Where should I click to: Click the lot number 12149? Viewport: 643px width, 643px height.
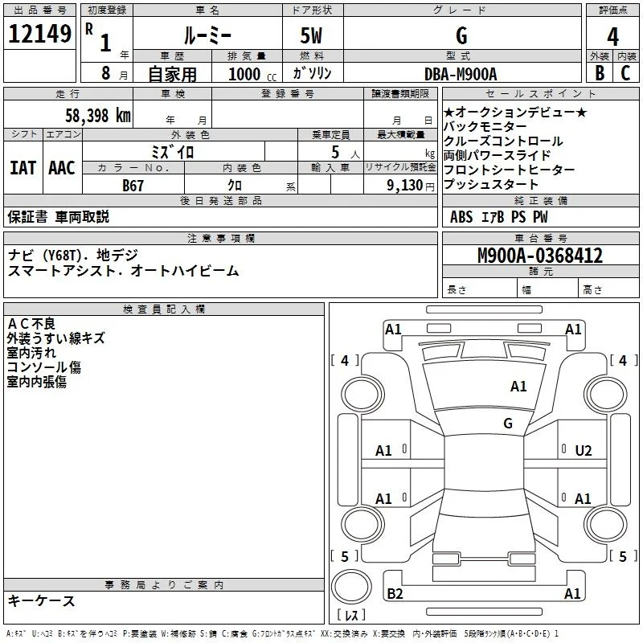(x=39, y=34)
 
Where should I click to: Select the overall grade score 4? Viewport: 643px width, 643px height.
(x=612, y=36)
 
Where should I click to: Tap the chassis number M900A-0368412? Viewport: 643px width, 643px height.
(x=540, y=256)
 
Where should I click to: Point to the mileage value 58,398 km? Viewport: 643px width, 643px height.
(x=98, y=116)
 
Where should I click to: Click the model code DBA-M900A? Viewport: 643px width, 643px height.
(x=461, y=74)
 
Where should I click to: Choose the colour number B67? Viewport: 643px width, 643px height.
(x=133, y=186)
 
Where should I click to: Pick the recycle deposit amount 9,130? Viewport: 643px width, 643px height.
(x=405, y=185)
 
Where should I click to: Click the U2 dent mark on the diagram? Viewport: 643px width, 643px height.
(x=584, y=451)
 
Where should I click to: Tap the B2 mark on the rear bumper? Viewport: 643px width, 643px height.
(x=395, y=593)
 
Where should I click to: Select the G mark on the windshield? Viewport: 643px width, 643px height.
(x=508, y=424)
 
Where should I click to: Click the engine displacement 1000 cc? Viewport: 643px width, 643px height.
(x=252, y=74)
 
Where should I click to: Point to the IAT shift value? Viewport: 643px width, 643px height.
(x=23, y=168)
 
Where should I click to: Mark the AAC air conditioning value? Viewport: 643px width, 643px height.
(x=62, y=168)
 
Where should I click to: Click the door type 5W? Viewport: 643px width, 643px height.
(x=311, y=35)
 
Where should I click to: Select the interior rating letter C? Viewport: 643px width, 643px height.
(x=625, y=73)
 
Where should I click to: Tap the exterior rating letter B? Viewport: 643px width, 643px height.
(x=600, y=73)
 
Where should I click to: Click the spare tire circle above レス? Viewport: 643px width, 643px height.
(x=351, y=588)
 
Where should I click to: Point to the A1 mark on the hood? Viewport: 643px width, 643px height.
(x=518, y=387)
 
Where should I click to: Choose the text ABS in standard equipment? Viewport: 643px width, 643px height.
(x=461, y=217)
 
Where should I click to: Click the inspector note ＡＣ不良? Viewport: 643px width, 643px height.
(x=31, y=324)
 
